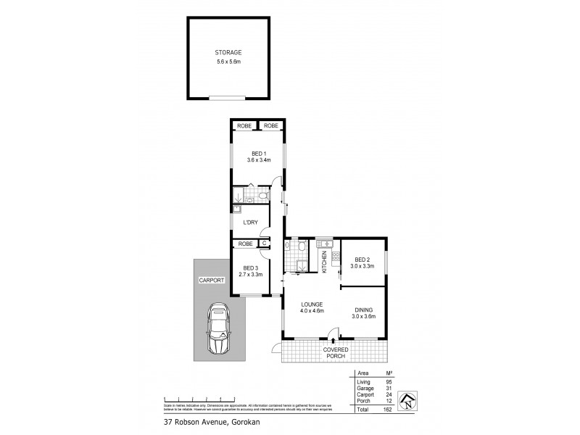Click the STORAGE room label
coord(228,53)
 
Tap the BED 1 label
coord(258,153)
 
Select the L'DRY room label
coord(251,223)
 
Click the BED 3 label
coord(251,268)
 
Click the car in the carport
coord(219,329)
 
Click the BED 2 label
coord(362,260)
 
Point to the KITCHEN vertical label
coord(324,262)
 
